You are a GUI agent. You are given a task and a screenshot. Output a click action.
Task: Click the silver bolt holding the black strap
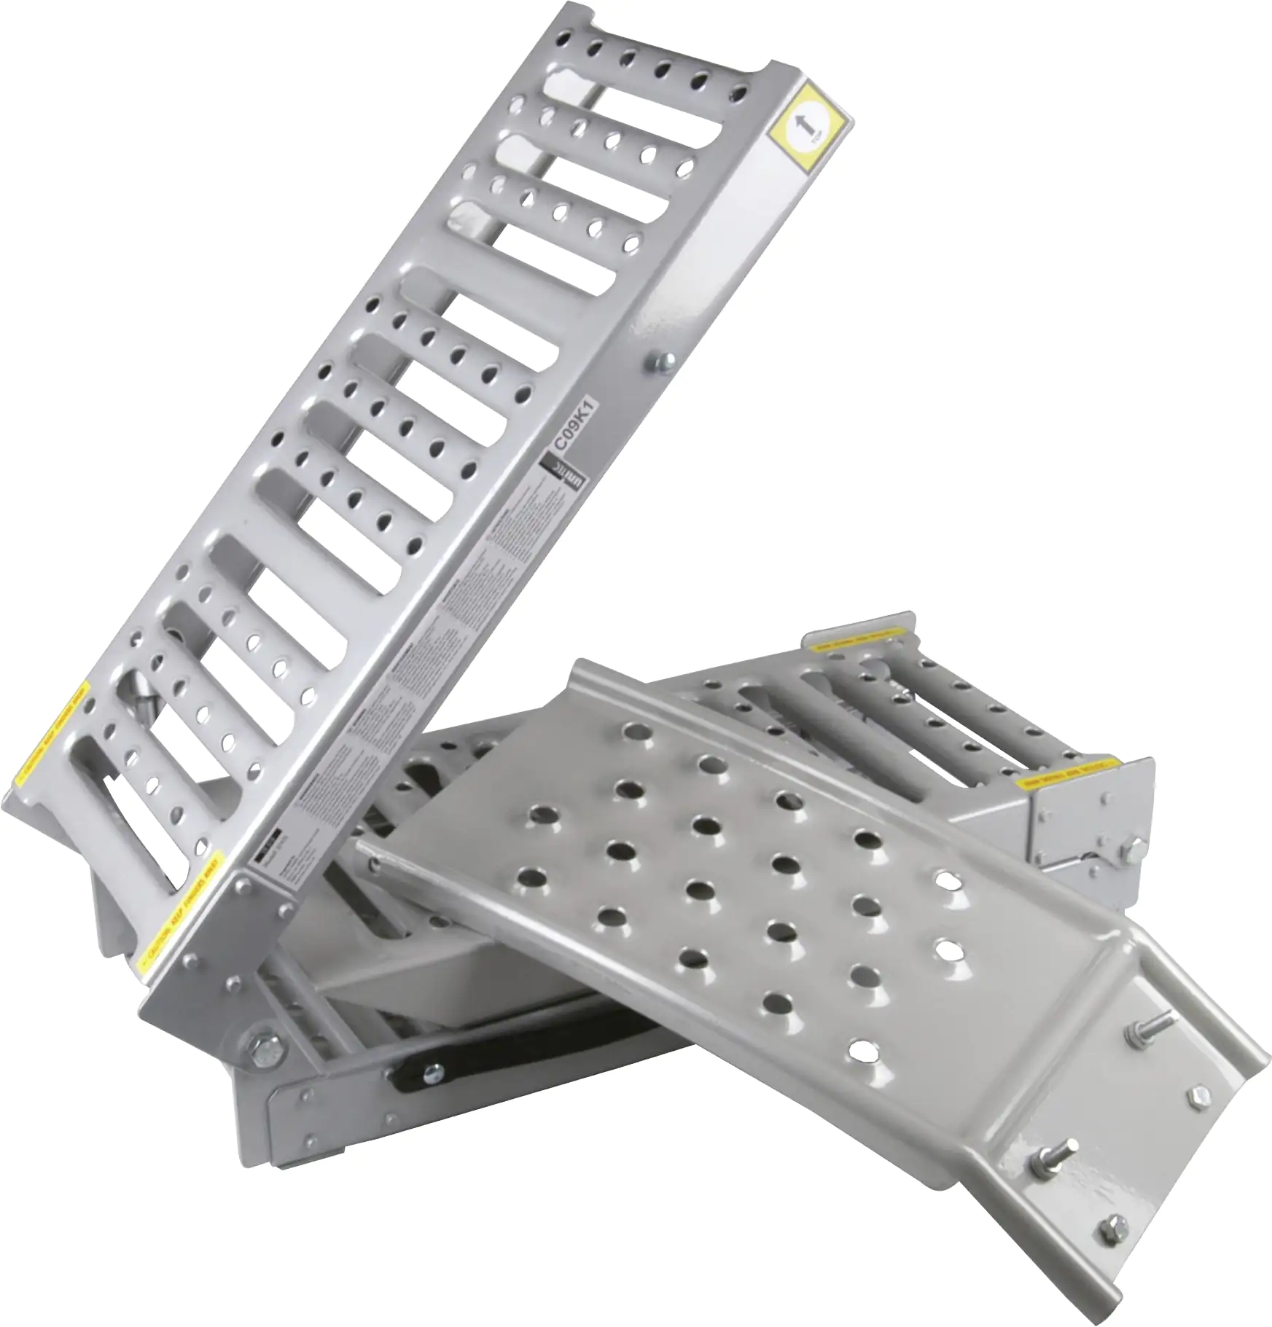433,1071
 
